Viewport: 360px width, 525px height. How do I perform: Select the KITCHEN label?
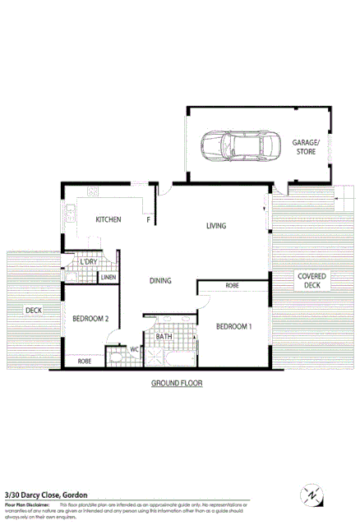[108, 219]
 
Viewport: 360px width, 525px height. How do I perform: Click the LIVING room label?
[216, 226]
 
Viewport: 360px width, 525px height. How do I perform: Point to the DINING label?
[160, 281]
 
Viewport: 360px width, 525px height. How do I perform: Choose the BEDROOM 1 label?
[233, 327]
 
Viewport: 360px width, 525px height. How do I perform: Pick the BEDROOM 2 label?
[90, 319]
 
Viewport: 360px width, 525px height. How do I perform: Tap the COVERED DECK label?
[312, 281]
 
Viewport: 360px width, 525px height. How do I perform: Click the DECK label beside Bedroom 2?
[33, 310]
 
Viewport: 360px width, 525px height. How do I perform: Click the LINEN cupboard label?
[108, 278]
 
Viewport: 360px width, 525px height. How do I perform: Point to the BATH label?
[164, 336]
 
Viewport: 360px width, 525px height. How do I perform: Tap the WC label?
[134, 349]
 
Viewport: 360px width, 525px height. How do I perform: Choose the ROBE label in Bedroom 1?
[232, 286]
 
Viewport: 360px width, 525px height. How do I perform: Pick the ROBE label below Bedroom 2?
[84, 361]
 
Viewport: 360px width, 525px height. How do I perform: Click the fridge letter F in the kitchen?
[148, 220]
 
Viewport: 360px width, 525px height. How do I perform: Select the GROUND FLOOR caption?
[177, 384]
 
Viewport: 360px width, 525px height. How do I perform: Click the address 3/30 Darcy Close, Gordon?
[46, 495]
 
